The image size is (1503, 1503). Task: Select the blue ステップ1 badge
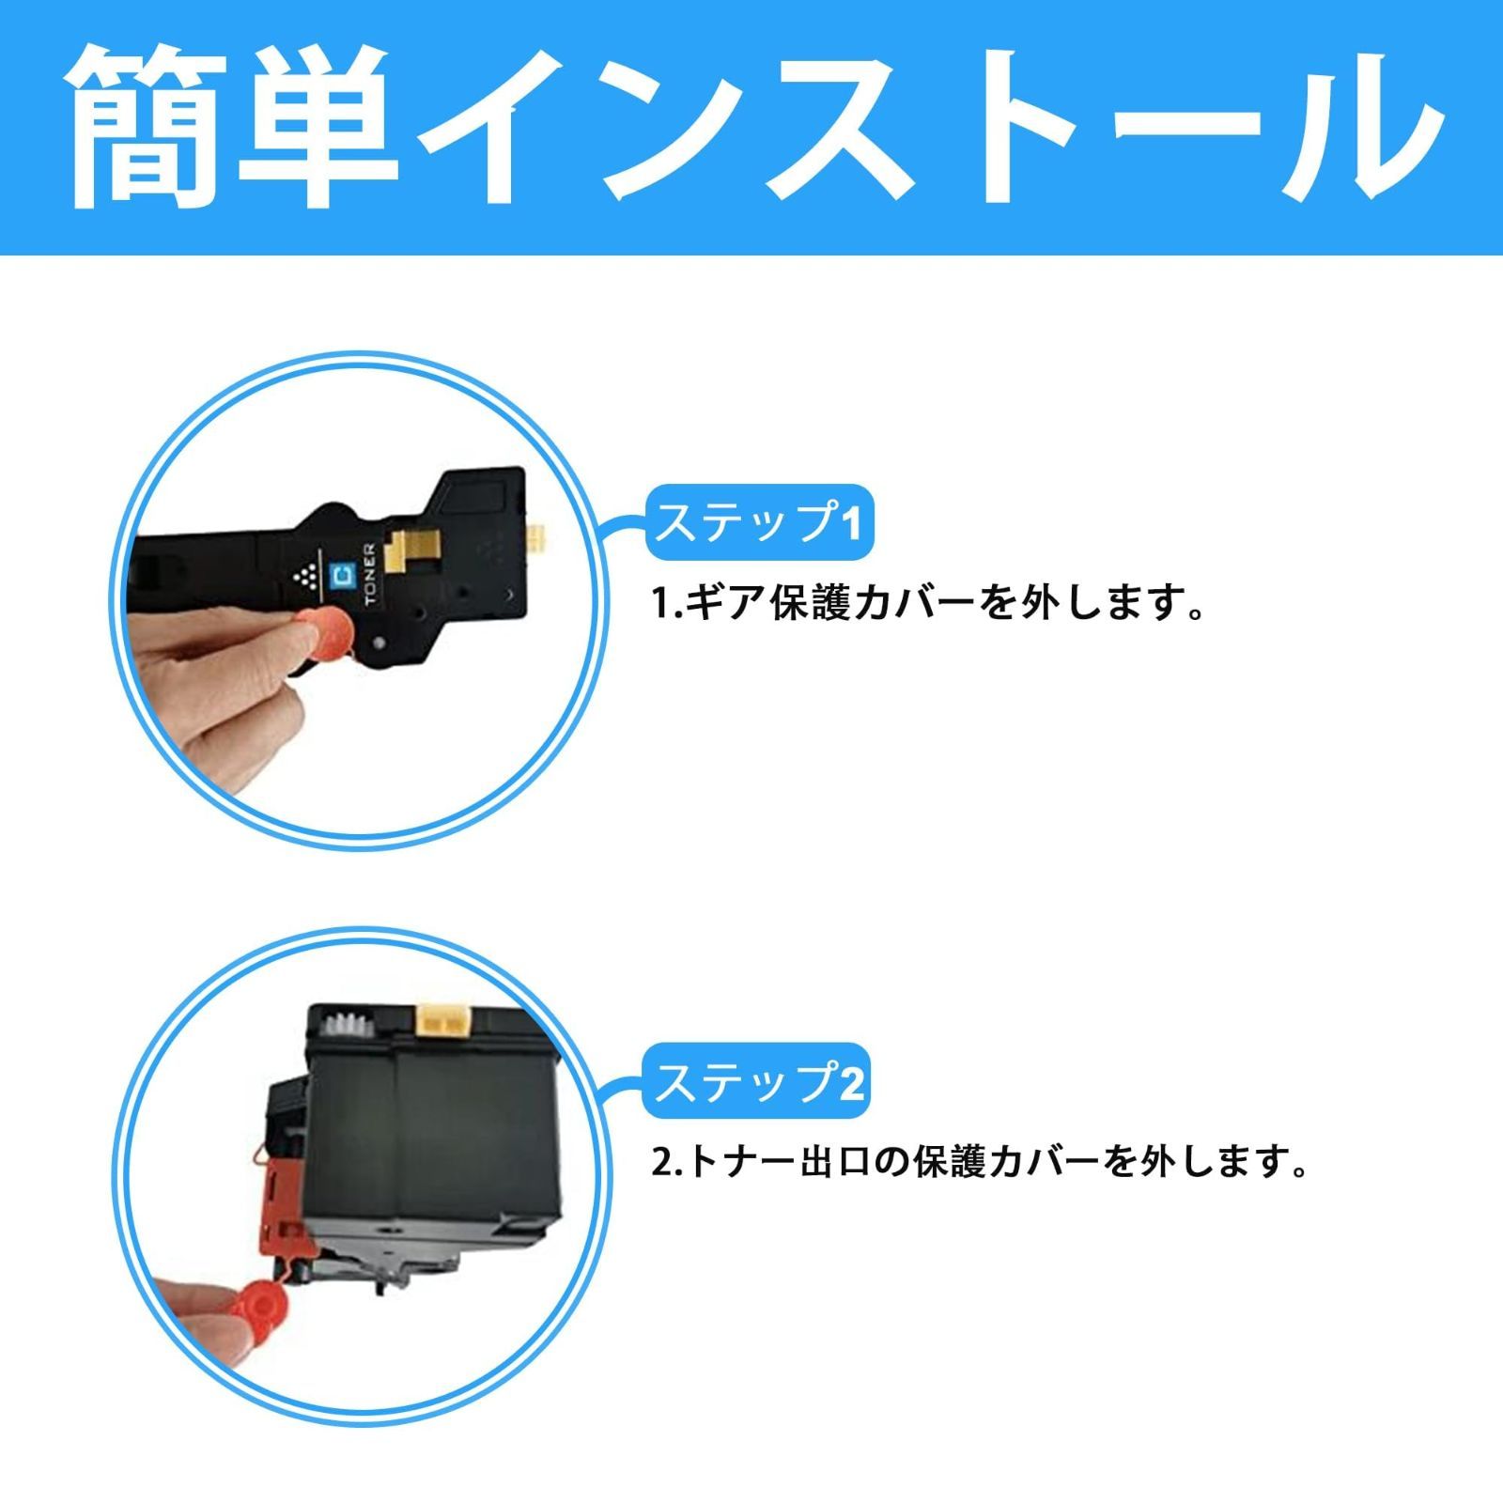point(759,522)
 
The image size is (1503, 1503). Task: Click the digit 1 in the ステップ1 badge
point(851,524)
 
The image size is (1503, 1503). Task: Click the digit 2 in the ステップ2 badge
point(849,1082)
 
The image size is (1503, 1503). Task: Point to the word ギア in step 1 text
point(724,603)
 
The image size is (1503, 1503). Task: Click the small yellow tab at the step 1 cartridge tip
point(537,539)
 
